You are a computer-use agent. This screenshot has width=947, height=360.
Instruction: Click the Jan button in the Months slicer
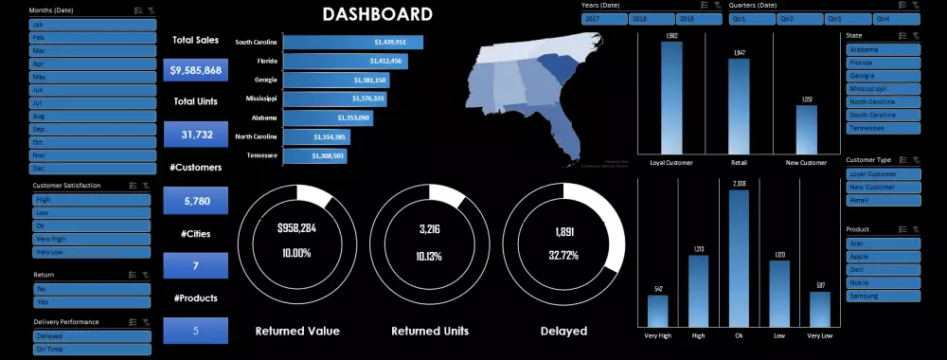[92, 24]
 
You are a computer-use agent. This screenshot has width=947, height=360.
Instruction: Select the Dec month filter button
[92, 168]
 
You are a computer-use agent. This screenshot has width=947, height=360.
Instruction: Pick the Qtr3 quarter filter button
[846, 18]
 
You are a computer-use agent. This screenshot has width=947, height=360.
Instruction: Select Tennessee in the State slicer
[883, 128]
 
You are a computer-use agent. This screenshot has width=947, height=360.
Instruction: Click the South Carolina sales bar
[352, 42]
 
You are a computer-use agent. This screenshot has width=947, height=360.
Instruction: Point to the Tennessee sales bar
[313, 155]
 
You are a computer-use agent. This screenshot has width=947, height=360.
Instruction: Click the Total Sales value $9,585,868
[196, 70]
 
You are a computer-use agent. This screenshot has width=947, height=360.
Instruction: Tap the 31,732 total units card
[196, 135]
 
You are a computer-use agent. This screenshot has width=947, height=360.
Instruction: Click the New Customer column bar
[807, 129]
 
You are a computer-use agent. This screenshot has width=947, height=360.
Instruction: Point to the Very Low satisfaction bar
[820, 309]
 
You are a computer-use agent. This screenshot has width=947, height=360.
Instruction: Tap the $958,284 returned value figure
[297, 229]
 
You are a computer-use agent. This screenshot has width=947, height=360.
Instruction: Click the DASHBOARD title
[377, 14]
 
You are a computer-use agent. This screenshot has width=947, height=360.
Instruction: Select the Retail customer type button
[883, 200]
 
